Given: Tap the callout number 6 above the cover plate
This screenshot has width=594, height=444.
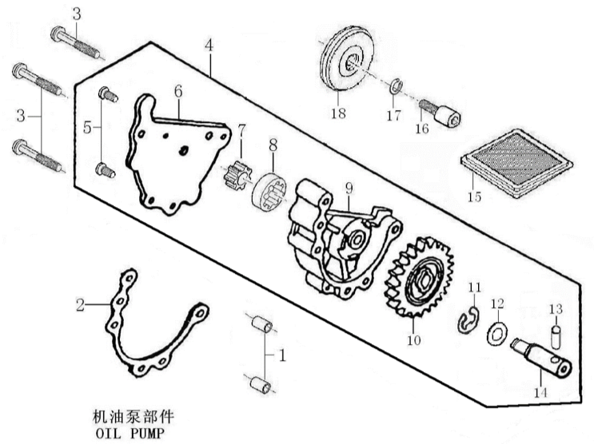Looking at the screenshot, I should (177, 90).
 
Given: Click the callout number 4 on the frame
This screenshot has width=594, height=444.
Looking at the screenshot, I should (209, 45).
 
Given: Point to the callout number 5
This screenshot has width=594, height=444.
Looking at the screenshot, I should (88, 127).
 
